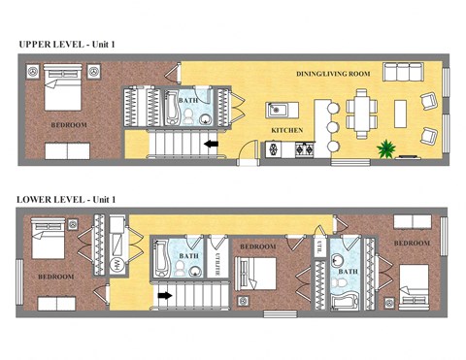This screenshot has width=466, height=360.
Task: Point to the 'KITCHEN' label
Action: click(x=287, y=129)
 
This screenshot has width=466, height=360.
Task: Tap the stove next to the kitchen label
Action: click(x=302, y=149)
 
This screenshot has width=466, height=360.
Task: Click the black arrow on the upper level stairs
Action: click(x=210, y=146)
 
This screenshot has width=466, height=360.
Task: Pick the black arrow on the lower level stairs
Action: click(x=165, y=295)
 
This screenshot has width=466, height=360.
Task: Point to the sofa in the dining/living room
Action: click(x=403, y=72)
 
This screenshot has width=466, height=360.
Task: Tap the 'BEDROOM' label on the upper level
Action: click(x=69, y=125)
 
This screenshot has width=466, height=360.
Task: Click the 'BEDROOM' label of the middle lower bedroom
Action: click(x=257, y=247)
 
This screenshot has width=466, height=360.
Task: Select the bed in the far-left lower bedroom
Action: click(x=48, y=239)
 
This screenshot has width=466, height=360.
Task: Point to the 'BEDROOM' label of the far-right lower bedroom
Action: click(x=411, y=243)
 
